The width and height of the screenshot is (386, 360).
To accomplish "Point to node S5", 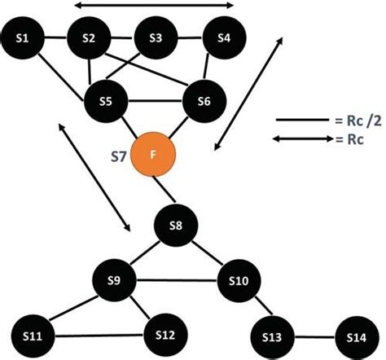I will pos(106,102).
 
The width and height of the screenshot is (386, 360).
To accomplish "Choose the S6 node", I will pos(204,102).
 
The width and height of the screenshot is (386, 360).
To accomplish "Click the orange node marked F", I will pos(155,152).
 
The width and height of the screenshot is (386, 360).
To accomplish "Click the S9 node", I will pos(115,281).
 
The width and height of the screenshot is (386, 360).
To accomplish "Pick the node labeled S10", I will pos(239,282).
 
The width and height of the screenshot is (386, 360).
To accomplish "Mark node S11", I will pos(33,335).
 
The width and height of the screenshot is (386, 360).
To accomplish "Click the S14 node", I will pos(357,336).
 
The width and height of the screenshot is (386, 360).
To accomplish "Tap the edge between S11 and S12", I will pos(98,335).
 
